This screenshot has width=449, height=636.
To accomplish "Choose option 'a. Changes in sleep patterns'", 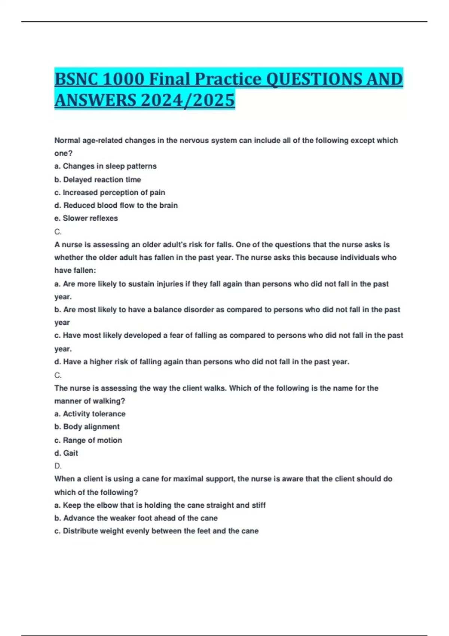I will [106, 166].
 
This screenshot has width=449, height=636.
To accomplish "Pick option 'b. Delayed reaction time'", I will [98, 180].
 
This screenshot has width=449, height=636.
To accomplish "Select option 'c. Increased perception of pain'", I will [110, 193].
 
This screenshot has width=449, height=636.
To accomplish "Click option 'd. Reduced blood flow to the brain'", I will [116, 205].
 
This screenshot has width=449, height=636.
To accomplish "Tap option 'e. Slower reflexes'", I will [86, 218].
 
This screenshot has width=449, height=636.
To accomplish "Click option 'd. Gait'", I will [66, 453].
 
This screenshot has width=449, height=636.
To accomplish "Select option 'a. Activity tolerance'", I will [90, 414].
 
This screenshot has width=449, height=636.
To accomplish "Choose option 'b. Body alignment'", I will [87, 427].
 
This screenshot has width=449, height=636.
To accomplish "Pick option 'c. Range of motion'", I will [88, 440].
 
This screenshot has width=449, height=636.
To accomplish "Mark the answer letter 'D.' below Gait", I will [58, 466].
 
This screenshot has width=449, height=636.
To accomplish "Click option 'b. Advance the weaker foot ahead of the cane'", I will [136, 518].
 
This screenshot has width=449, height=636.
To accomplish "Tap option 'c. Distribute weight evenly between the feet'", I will [156, 531].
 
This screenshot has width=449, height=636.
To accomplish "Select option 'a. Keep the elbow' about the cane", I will [160, 505].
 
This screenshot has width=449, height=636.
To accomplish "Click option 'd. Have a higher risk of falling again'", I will [202, 362].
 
